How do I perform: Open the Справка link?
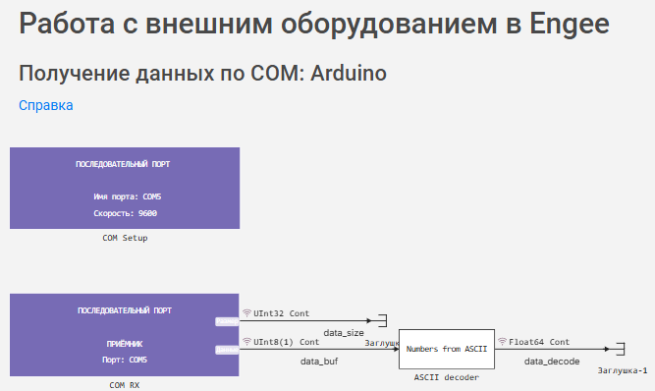(x=45, y=105)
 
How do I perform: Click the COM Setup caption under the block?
(x=125, y=238)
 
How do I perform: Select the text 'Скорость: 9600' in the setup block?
(x=125, y=213)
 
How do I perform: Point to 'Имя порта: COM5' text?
(x=125, y=197)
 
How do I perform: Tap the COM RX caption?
(x=125, y=385)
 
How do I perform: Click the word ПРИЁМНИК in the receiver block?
(x=125, y=345)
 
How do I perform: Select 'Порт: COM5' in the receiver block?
(x=125, y=360)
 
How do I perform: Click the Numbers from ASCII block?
(x=447, y=349)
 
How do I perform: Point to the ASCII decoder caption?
(x=447, y=377)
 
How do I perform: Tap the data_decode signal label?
(x=551, y=363)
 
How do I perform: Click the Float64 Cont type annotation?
(x=539, y=342)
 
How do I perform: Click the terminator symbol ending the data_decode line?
(x=618, y=349)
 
